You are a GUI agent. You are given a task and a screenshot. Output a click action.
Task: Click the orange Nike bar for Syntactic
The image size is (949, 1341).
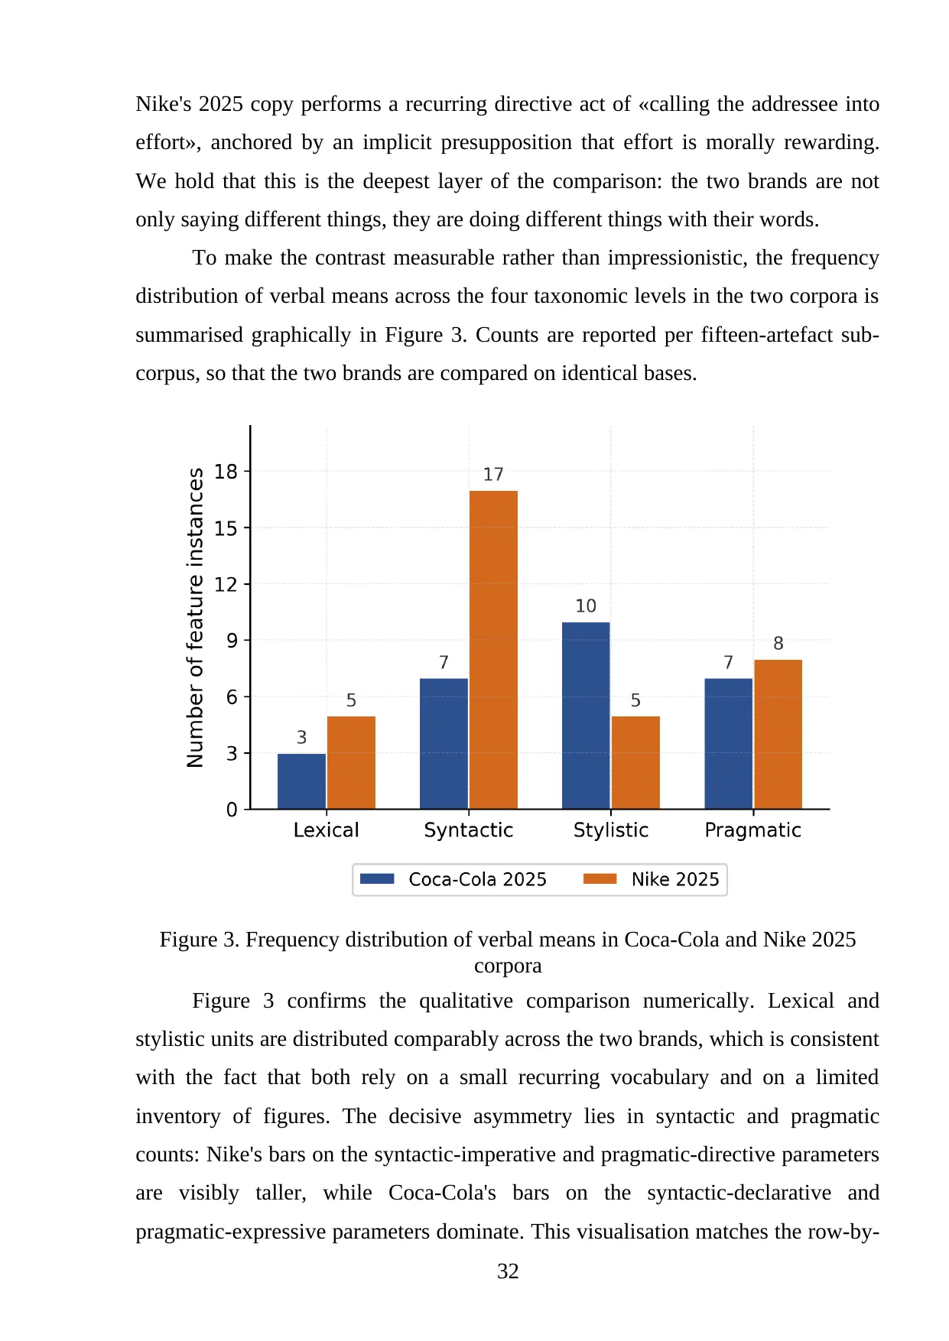[493, 650]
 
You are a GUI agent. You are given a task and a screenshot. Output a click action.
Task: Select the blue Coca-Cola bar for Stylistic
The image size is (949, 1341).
[586, 716]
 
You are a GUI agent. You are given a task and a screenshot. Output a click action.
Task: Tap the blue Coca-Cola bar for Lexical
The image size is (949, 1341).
[301, 781]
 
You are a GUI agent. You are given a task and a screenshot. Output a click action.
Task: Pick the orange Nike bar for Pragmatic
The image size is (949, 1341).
[778, 734]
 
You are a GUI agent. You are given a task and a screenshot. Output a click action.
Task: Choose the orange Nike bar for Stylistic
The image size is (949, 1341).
[635, 762]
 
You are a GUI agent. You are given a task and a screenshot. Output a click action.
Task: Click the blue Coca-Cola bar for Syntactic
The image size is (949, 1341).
[444, 744]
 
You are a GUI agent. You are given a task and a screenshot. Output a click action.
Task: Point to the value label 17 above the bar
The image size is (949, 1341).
[493, 475]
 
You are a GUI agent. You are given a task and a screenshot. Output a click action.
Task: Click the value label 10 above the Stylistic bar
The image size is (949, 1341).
[586, 606]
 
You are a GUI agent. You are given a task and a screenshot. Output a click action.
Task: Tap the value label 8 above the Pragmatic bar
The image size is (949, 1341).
[778, 644]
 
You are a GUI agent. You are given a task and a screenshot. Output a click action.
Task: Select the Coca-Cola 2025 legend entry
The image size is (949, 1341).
[453, 879]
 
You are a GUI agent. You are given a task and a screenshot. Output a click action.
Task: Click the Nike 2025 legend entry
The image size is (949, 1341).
[652, 879]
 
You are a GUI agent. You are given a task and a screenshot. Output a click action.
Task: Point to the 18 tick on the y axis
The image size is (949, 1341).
[226, 472]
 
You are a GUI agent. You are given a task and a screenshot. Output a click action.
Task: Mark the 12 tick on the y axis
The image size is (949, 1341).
[226, 585]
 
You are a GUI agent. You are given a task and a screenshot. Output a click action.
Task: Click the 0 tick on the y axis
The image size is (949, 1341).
[232, 810]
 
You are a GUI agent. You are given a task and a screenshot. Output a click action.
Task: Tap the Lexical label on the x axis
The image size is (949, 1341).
[327, 830]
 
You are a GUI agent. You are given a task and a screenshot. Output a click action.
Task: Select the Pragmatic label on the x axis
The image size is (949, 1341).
[753, 831]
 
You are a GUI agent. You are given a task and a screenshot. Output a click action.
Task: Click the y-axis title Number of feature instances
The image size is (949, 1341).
[196, 618]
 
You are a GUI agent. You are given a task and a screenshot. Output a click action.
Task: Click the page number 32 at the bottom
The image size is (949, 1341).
[508, 1271]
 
